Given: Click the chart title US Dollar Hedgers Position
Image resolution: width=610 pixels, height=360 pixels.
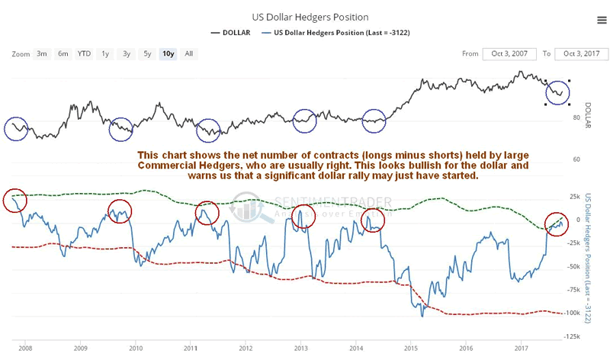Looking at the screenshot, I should tap(304, 16).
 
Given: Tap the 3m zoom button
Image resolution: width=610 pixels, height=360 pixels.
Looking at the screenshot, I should tap(43, 53).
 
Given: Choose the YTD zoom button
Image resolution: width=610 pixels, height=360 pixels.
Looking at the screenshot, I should tap(84, 53).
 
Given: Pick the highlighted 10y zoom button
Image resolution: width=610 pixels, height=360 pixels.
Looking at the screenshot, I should tap(167, 53).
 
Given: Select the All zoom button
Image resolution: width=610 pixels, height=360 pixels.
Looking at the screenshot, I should tap(189, 53).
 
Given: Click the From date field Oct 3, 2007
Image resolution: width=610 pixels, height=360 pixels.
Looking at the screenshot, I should tap(510, 53).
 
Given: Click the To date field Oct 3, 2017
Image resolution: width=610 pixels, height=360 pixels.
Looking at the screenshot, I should tap(580, 53).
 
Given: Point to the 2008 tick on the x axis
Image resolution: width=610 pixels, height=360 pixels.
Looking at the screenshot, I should tap(25, 348).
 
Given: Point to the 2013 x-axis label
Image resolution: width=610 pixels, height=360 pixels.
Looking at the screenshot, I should tap(300, 348).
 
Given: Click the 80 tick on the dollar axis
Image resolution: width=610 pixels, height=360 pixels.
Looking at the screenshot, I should tap(577, 118).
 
